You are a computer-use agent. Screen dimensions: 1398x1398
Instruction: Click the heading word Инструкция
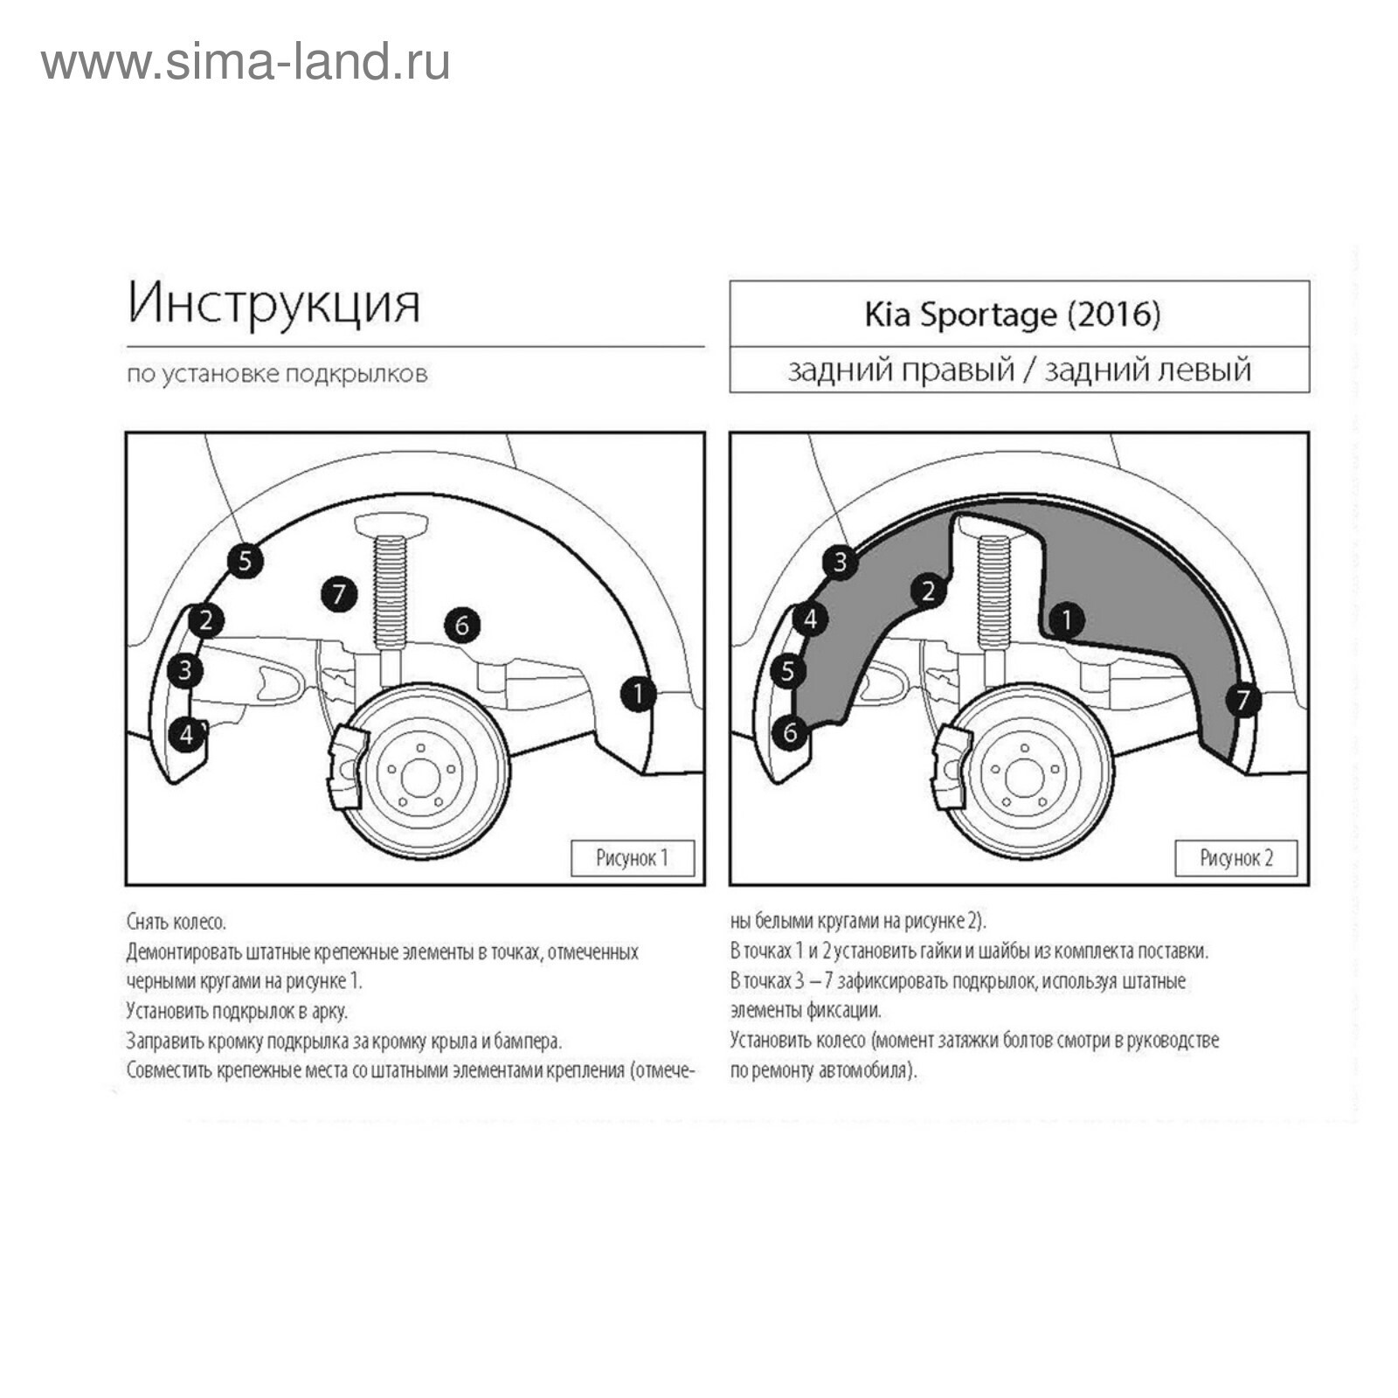[273, 304]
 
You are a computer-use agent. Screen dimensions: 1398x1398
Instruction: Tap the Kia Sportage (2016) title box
[1019, 315]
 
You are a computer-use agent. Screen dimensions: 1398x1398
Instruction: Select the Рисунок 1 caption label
[632, 858]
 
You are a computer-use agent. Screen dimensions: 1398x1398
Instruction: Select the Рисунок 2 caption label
[1235, 858]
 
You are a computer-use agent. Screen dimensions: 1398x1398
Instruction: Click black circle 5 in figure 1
[245, 560]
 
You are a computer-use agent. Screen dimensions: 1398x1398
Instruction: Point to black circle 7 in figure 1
[339, 595]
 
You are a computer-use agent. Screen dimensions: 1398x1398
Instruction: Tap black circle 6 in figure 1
[462, 625]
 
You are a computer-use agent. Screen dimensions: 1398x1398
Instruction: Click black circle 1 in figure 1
[639, 694]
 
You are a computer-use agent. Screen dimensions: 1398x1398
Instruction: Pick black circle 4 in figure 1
[186, 735]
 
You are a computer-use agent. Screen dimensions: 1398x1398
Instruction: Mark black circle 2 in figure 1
[206, 620]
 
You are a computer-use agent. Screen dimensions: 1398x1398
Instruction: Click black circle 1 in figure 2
[1066, 620]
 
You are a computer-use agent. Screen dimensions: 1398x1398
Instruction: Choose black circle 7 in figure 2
[1242, 699]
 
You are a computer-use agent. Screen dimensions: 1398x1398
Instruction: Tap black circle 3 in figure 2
[841, 561]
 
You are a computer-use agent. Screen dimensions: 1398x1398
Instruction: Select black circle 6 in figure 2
[791, 731]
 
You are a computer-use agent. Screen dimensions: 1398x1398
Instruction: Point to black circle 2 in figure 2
[928, 591]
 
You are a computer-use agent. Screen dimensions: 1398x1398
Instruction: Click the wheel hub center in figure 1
[420, 776]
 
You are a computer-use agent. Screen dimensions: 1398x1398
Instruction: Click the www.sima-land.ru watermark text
[246, 63]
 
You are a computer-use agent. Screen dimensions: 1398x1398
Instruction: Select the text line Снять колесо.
[176, 923]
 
